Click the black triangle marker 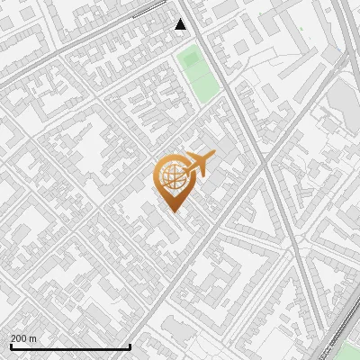pyautogui.click(x=181, y=24)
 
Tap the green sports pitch pyautogui.click(x=200, y=75)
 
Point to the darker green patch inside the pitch pyautogui.click(x=189, y=59)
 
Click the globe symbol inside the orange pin pyautogui.click(x=172, y=176)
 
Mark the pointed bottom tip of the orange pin pyautogui.click(x=172, y=211)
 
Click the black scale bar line pyautogui.click(x=70, y=346)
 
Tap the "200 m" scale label pyautogui.click(x=24, y=338)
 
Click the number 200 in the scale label pyautogui.click(x=20, y=338)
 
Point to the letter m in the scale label pyautogui.click(x=33, y=338)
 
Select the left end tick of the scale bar pyautogui.click(x=11, y=345)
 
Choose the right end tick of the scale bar pyautogui.click(x=130, y=345)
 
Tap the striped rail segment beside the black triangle pyautogui.click(x=148, y=10)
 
